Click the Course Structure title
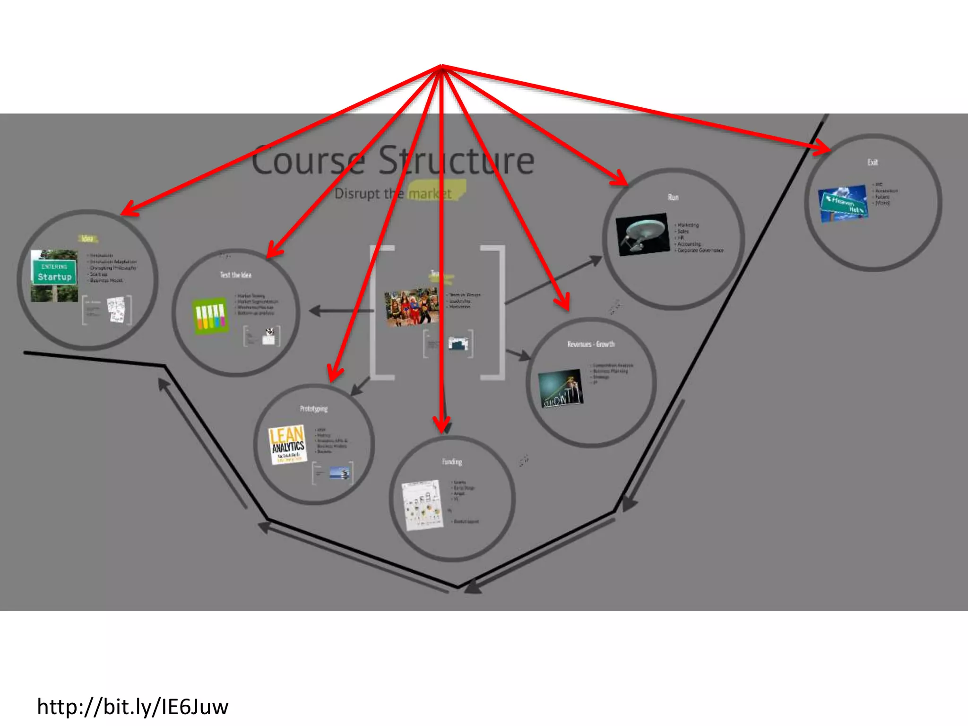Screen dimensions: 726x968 392,161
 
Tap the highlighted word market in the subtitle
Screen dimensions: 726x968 430,194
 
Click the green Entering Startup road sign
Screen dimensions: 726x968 54,272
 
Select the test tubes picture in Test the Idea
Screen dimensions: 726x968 210,315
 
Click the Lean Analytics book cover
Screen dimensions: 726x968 287,444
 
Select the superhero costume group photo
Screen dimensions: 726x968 411,307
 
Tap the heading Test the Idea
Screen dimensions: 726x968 235,275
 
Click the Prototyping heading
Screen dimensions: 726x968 313,409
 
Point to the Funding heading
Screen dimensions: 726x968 452,462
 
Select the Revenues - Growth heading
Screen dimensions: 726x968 591,344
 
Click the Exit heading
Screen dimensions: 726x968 873,163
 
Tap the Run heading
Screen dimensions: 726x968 673,197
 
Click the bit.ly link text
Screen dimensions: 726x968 133,707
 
